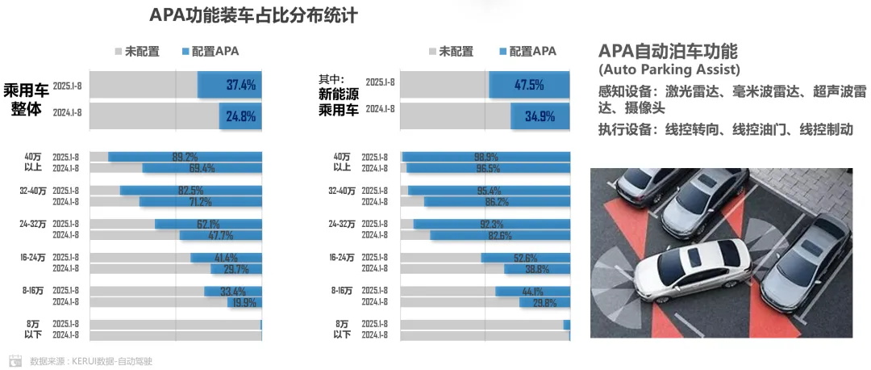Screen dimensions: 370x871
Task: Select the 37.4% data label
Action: pyautogui.click(x=241, y=84)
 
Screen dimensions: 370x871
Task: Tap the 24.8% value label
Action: pyautogui.click(x=241, y=116)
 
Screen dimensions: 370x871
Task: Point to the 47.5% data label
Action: pyautogui.click(x=528, y=84)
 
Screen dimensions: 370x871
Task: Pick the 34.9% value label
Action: pyautogui.click(x=540, y=116)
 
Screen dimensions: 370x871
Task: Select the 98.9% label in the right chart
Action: pyautogui.click(x=486, y=157)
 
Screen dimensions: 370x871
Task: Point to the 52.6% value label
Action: pyautogui.click(x=526, y=258)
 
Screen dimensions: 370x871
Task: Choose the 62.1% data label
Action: pyautogui.click(x=208, y=224)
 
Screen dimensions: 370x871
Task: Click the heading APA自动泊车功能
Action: pyautogui.click(x=668, y=50)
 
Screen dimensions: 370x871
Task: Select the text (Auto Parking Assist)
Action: pyautogui.click(x=669, y=69)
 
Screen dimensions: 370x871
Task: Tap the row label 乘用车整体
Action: pyautogui.click(x=26, y=99)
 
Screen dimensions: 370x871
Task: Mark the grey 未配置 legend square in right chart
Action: pyautogui.click(x=432, y=52)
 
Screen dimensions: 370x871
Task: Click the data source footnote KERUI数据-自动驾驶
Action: pyautogui.click(x=90, y=361)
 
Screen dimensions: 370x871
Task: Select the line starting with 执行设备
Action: pyautogui.click(x=725, y=129)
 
